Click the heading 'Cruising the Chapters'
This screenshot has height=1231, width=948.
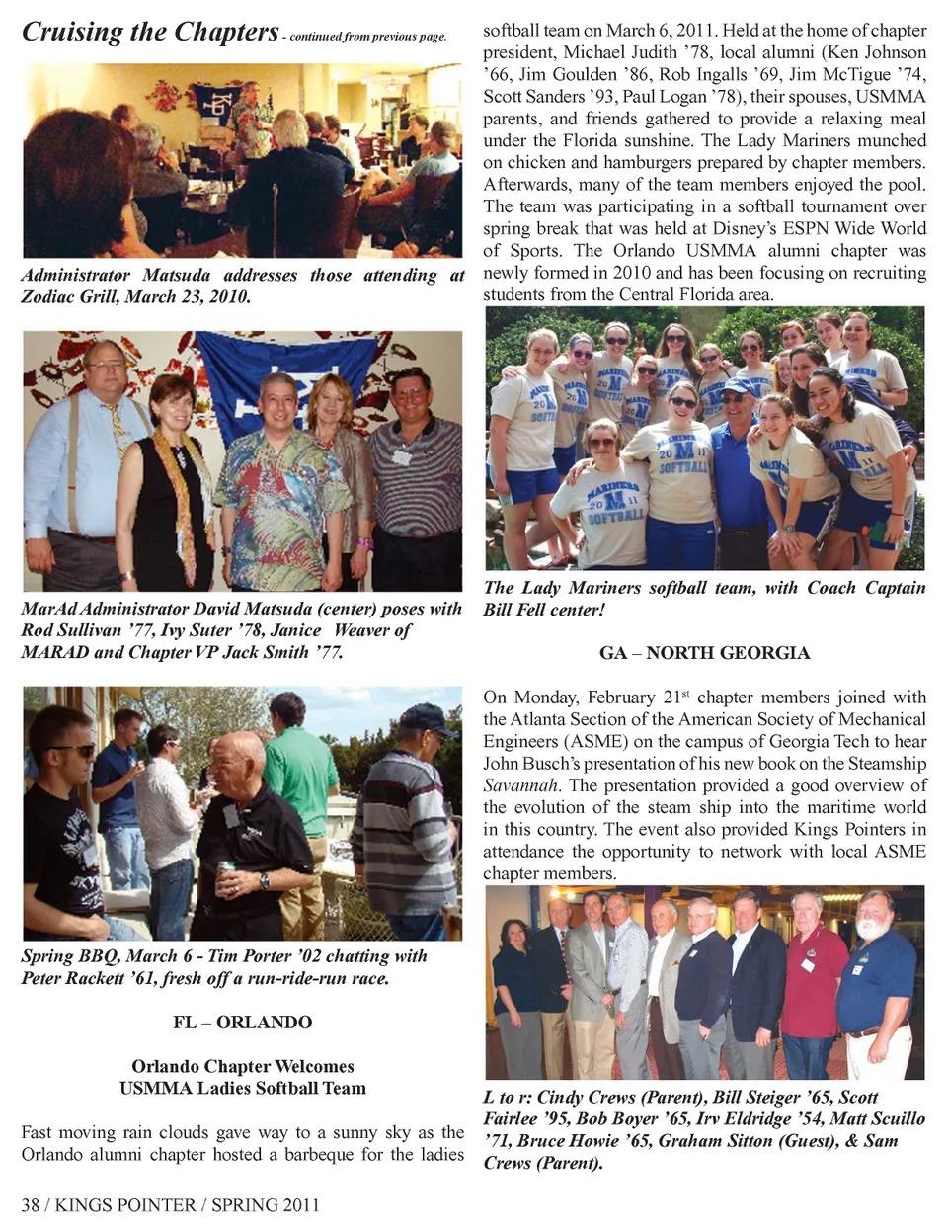[150, 32]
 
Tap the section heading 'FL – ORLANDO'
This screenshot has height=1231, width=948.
[242, 1022]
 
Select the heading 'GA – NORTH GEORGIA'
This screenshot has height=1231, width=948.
[704, 652]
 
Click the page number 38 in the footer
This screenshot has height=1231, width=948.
[32, 1204]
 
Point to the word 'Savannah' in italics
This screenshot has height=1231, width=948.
[520, 785]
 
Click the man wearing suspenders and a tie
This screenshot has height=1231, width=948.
[99, 454]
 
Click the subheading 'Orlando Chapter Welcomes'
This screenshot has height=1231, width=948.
[242, 1066]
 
